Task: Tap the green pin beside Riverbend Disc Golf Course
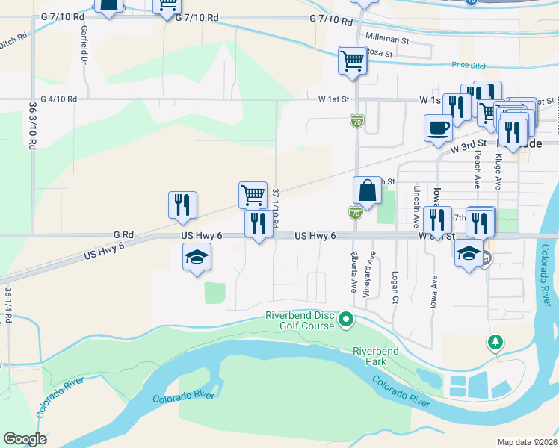[345, 321]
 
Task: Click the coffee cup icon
[438, 128]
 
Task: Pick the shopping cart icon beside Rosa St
[352, 60]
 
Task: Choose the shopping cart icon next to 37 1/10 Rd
[253, 195]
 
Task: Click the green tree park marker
[494, 343]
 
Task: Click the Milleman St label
[385, 37]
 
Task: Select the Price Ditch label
[469, 66]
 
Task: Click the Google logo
[25, 439]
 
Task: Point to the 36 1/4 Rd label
[8, 305]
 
